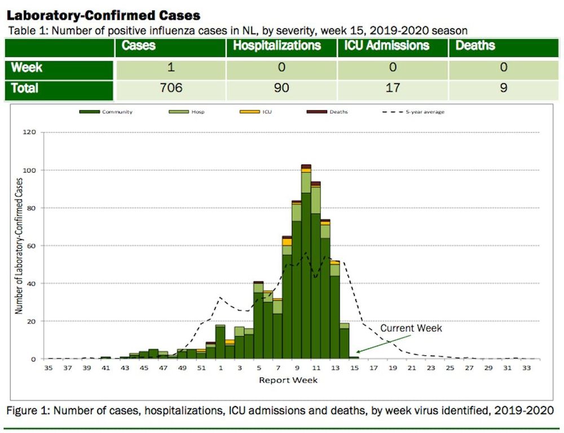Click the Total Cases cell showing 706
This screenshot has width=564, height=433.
[170, 88]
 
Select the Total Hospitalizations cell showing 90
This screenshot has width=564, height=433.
[281, 88]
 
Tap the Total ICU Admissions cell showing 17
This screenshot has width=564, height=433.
[393, 88]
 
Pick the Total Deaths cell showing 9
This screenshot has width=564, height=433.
[503, 88]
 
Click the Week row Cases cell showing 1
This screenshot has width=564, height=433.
[170, 68]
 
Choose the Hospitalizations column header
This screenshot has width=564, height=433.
[277, 46]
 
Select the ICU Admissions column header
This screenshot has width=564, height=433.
[386, 46]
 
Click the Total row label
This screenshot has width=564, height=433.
[25, 88]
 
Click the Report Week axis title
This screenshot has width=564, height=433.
[288, 380]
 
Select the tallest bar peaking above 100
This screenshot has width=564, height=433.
[306, 265]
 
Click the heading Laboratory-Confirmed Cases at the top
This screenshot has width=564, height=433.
[104, 15]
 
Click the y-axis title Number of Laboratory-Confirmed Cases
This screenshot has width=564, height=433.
[19, 246]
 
